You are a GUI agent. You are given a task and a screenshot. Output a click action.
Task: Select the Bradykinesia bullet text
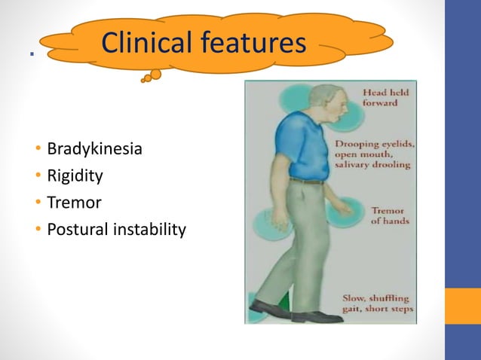pos(94,148)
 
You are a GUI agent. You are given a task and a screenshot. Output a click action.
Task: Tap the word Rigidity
pos(75,175)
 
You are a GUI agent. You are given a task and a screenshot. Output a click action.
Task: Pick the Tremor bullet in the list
pos(74,203)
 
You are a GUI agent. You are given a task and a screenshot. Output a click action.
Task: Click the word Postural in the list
pos(75,230)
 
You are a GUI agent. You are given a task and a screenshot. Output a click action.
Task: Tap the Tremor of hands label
pos(388,216)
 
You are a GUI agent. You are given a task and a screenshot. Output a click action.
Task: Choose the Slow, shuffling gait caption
pos(378,303)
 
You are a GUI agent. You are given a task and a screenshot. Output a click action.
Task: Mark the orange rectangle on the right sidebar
pos(462,306)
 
